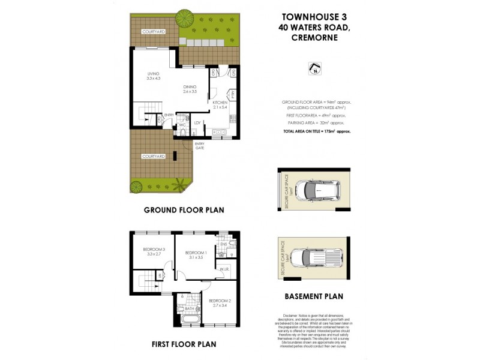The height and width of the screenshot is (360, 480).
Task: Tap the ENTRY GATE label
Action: pos(199,146)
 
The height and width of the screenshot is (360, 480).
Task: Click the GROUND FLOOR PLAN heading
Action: pos(183,211)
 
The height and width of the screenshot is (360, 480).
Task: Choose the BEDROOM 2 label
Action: pos(219,302)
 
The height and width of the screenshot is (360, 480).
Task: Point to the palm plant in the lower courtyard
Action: pos(179,185)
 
